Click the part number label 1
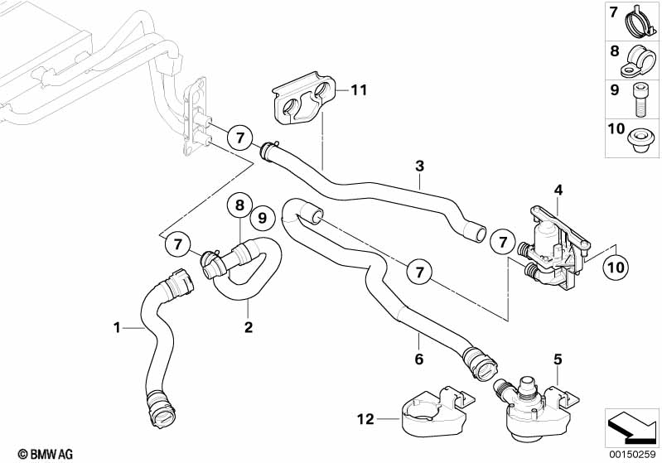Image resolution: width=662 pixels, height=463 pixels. click(x=118, y=329)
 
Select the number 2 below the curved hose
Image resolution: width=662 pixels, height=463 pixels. click(x=248, y=327)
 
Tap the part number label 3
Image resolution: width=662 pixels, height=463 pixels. click(x=420, y=166)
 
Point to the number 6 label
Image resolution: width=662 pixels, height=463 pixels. click(x=419, y=359)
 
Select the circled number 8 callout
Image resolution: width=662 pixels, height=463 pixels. click(x=239, y=204)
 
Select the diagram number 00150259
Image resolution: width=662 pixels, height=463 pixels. click(x=632, y=453)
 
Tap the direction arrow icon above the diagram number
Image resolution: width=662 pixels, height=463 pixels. click(x=632, y=427)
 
